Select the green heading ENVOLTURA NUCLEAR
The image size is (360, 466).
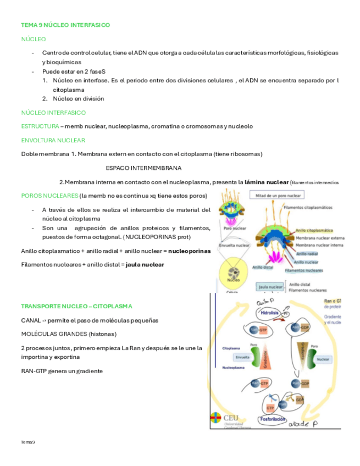click(x=53, y=140)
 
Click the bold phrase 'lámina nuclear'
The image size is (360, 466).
click(x=266, y=181)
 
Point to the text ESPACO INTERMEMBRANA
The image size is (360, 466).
click(x=143, y=168)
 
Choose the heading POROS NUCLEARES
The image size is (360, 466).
click(x=49, y=196)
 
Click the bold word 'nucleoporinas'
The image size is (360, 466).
click(x=190, y=251)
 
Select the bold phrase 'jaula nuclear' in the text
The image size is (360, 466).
click(x=145, y=264)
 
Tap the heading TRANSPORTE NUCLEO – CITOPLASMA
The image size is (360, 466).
click(x=76, y=306)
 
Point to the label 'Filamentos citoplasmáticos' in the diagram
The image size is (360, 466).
click(x=308, y=207)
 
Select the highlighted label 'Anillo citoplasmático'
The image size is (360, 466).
click(x=314, y=231)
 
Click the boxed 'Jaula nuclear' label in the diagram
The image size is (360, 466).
click(x=270, y=287)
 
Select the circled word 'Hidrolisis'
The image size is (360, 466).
click(x=270, y=312)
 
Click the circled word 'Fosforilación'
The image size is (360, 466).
click(x=273, y=419)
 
